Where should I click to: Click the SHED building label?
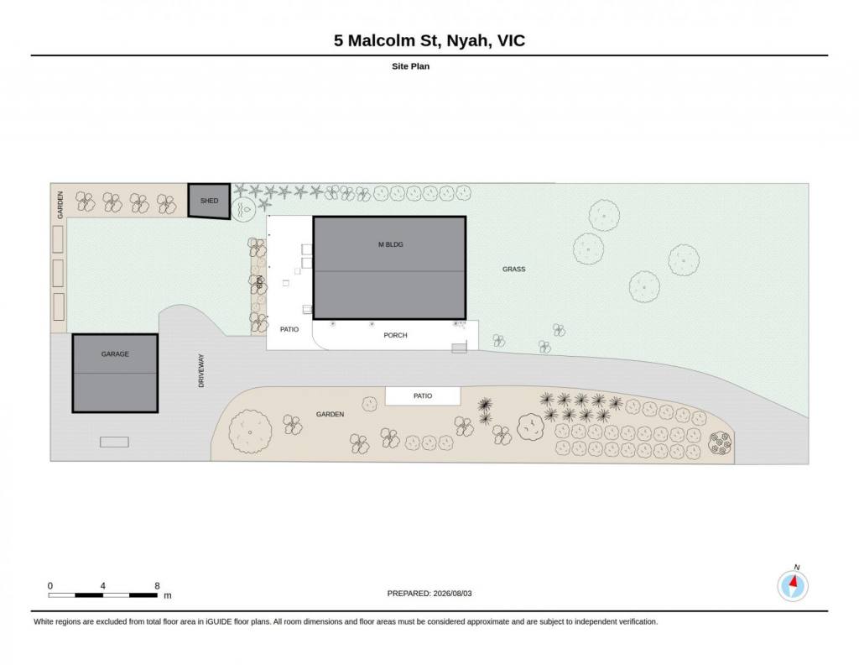[x=209, y=201]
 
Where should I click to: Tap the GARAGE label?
[x=115, y=354]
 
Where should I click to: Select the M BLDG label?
[x=391, y=244]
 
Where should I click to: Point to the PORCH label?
[x=396, y=335]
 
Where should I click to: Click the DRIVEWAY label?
[x=201, y=370]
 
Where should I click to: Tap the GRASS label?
[x=514, y=270]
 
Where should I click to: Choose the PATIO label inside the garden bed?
[x=423, y=395]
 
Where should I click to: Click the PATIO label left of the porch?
[x=289, y=329]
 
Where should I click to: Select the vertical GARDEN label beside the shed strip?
[x=60, y=205]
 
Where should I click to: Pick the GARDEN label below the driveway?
[x=330, y=415]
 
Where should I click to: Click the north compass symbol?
[x=793, y=585]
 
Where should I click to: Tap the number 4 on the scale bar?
[x=103, y=585]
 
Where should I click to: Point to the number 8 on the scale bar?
[x=157, y=585]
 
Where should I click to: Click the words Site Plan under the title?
[x=410, y=66]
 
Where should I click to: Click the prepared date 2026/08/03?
[x=452, y=593]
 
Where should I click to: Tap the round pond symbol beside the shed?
[x=243, y=209]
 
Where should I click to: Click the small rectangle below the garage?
[x=114, y=442]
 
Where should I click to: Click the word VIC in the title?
[x=511, y=40]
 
